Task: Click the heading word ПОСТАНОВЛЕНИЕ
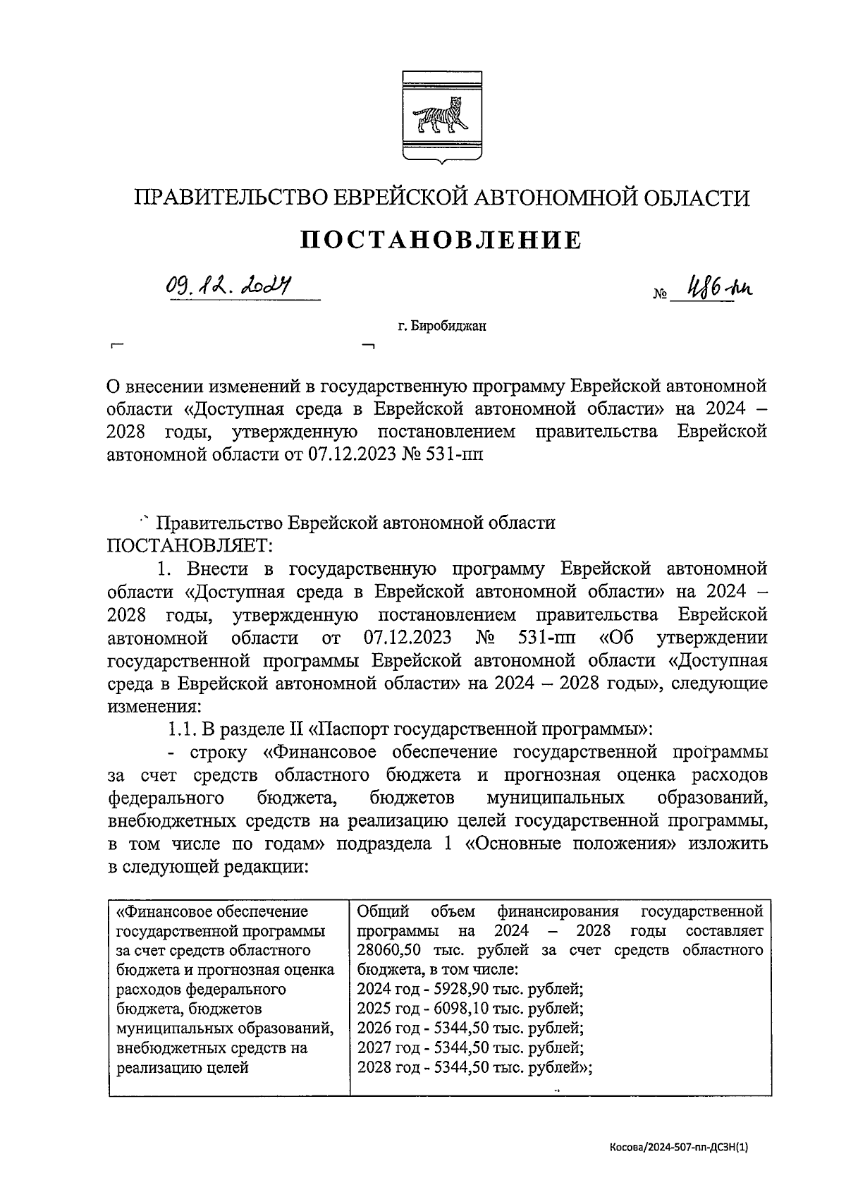(441, 241)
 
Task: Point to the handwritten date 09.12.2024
(230, 286)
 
